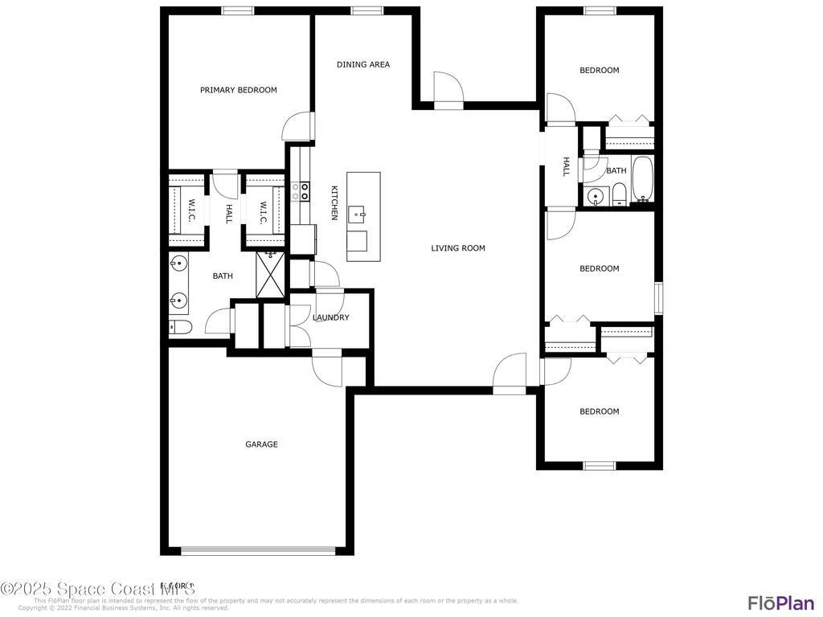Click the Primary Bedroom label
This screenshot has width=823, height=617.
click(239, 90)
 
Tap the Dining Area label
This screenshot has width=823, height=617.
click(363, 64)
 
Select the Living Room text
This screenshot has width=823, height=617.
click(458, 248)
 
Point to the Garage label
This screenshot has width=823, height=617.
click(261, 444)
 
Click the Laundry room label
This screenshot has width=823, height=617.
click(331, 317)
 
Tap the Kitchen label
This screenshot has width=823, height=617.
click(334, 202)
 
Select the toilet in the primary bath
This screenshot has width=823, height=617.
click(180, 327)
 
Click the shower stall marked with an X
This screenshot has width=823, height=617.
click(271, 275)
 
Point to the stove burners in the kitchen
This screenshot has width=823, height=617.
click(300, 190)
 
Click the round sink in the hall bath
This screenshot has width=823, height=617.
click(596, 195)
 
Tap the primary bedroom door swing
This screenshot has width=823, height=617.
click(297, 127)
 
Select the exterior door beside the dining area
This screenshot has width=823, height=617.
click(448, 90)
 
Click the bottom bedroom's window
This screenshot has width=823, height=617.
click(599, 465)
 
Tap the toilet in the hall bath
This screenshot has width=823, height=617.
click(619, 194)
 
